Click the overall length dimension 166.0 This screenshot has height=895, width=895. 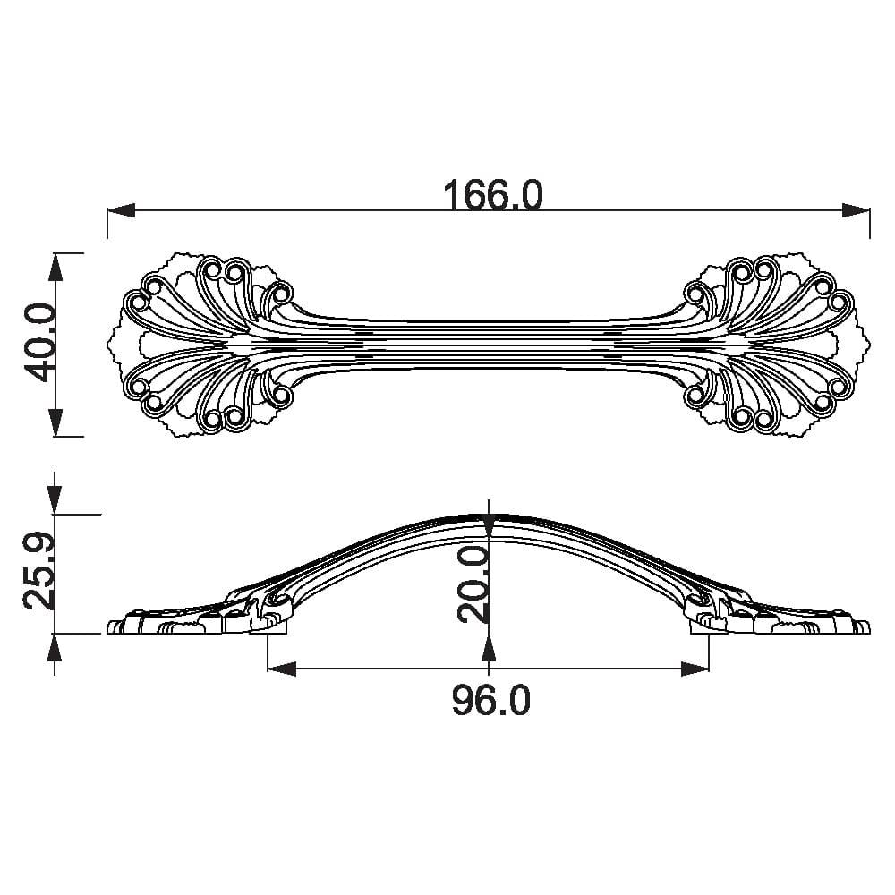tap(493, 195)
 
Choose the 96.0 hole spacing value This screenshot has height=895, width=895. tap(490, 701)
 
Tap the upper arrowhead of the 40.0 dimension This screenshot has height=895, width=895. tap(55, 267)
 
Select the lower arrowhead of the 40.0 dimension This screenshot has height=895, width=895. tap(55, 422)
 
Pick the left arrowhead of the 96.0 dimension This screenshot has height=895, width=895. tap(281, 669)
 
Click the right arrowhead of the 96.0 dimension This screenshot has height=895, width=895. tap(695, 669)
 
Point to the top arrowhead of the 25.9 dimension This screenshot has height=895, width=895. tap(55, 500)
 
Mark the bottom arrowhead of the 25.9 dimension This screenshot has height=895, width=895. tap(55, 648)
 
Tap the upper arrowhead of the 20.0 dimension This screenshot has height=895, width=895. tap(488, 528)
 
